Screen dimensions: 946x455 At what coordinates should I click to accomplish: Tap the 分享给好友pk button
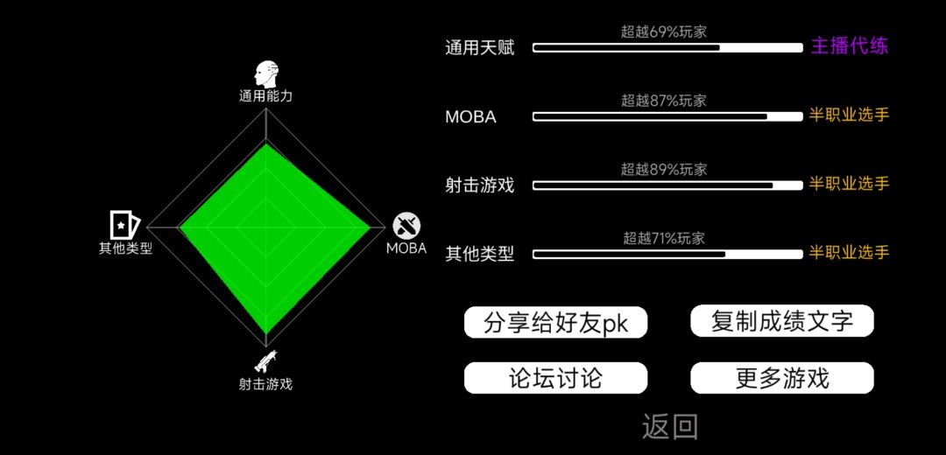[555, 323]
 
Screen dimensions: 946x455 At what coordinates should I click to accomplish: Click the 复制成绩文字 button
[782, 321]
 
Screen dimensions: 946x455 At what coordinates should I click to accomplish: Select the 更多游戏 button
[782, 379]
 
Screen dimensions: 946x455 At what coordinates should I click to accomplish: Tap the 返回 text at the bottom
[670, 427]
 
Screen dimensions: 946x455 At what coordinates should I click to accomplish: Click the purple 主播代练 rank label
[850, 47]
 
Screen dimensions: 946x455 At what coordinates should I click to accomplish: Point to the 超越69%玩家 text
[664, 32]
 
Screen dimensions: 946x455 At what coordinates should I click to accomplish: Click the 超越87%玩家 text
[664, 101]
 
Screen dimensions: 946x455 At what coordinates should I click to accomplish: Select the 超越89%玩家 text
[664, 170]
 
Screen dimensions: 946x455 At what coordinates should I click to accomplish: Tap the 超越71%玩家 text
[664, 238]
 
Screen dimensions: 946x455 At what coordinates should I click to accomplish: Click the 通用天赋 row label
[480, 48]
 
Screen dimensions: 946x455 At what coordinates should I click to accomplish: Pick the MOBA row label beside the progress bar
[470, 117]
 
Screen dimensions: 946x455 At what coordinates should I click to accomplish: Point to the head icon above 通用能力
[266, 74]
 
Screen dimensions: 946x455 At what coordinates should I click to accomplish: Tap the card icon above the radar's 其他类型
[124, 225]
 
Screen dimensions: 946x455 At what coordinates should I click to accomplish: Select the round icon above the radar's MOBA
[406, 226]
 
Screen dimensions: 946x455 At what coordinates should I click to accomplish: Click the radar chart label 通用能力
[265, 96]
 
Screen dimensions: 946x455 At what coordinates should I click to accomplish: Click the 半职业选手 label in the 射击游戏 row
[849, 184]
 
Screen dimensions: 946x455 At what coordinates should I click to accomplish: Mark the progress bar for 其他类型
[667, 255]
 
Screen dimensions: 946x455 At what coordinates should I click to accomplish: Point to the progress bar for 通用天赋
[667, 47]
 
